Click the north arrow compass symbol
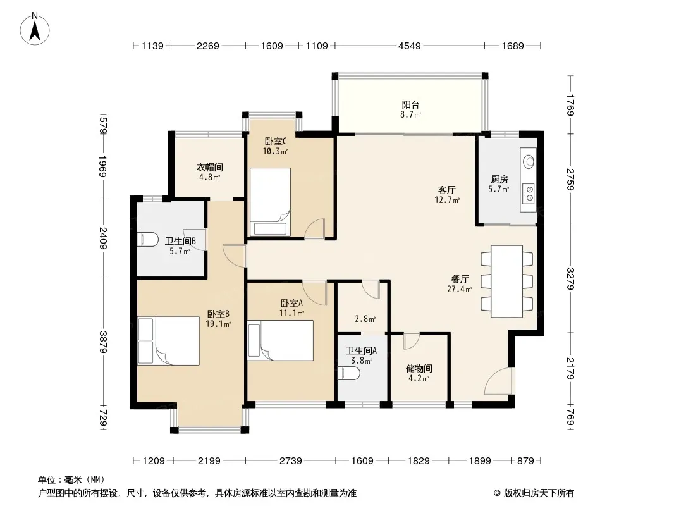tap(35, 29)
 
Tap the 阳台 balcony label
tap(410, 104)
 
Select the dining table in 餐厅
tap(507, 281)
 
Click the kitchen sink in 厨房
tap(529, 161)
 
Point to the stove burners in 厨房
tap(529, 194)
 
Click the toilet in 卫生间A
tap(350, 374)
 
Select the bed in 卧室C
tap(271, 202)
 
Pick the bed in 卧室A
tap(280, 340)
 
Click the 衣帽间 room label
tap(210, 167)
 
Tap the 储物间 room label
tap(419, 368)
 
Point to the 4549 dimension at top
tap(410, 46)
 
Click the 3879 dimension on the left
tap(103, 342)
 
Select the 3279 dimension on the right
tap(570, 278)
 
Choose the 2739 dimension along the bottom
tap(291, 461)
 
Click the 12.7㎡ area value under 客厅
tap(448, 200)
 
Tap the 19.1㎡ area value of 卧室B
tap(218, 324)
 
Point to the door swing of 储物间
tap(412, 340)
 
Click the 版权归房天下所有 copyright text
tap(538, 493)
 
